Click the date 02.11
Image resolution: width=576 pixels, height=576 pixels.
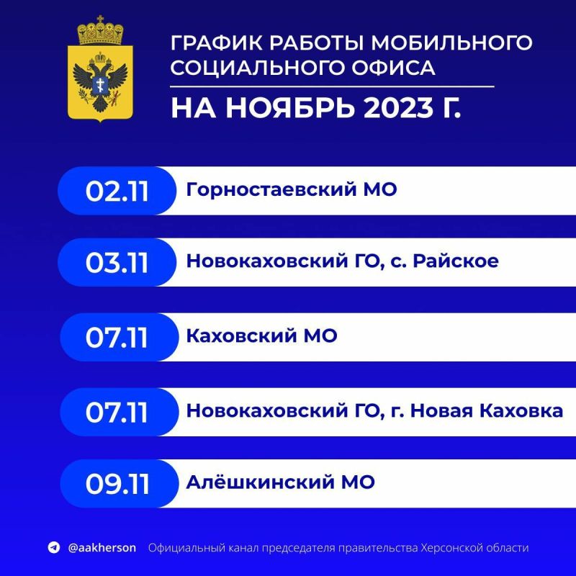coord(117,191)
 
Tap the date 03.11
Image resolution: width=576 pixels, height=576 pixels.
coord(117,263)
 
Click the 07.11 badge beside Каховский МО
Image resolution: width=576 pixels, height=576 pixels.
coord(117,337)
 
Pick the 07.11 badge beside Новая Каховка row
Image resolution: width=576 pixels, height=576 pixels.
coord(117,412)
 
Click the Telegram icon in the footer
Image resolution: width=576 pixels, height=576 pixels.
coord(53,548)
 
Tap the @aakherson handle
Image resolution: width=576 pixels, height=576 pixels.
coord(102,548)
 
